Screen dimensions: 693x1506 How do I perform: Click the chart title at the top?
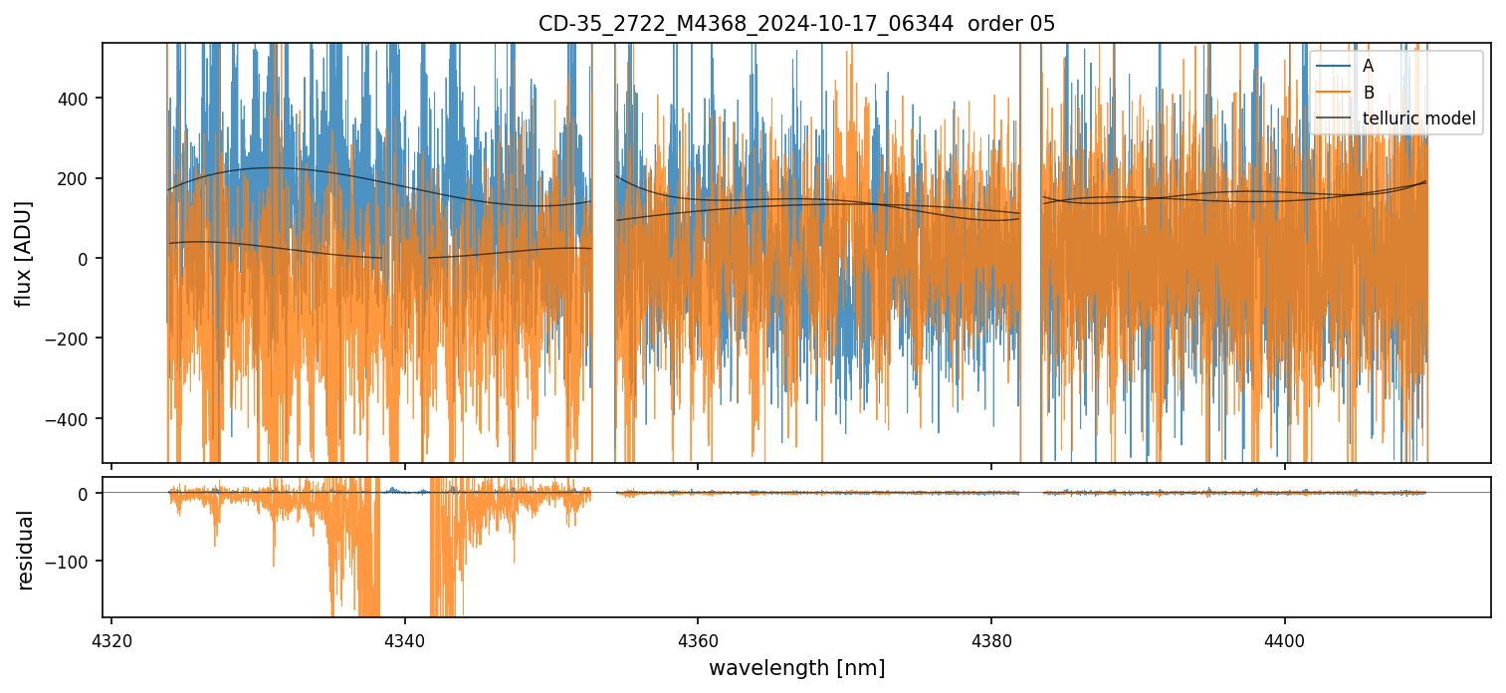click(x=796, y=23)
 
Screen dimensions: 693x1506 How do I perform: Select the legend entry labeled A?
click(x=1368, y=66)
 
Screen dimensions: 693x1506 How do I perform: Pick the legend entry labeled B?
click(x=1368, y=93)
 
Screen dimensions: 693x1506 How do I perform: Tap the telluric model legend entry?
click(x=1418, y=119)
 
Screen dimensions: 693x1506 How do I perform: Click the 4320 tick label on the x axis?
click(x=111, y=637)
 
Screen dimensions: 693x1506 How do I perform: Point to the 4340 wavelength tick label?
click(x=405, y=637)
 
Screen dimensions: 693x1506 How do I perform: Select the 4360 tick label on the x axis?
click(x=698, y=637)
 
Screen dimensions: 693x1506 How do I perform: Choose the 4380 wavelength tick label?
click(x=991, y=637)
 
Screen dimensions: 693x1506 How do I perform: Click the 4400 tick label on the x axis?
click(x=1284, y=637)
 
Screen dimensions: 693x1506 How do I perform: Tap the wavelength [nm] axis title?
click(x=796, y=667)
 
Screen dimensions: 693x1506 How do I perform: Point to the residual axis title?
click(x=26, y=550)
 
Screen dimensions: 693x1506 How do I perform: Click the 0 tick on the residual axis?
click(x=84, y=494)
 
